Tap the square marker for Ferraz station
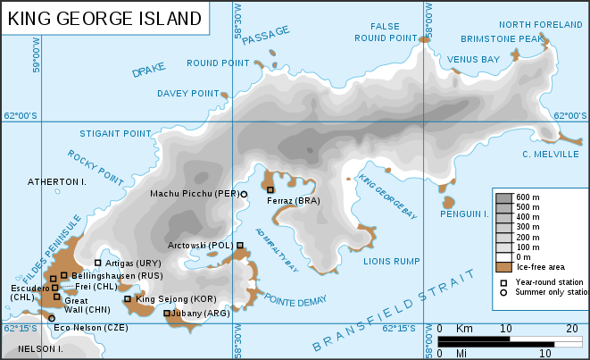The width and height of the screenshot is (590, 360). pos(270,189)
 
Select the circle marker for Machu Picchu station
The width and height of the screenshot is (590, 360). pos(244,194)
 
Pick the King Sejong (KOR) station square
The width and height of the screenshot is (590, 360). pos(128,299)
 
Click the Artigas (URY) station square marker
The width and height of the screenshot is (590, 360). pos(98,263)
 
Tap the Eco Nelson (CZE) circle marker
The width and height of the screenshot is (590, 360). pos(51,318)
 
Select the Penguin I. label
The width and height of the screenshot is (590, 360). pos(465,214)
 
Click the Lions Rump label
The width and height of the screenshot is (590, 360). pos(391,262)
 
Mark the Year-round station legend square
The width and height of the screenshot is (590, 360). pos(503,281)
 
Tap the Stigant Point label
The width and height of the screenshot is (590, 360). pos(115,134)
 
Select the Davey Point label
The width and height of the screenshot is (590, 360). pos(187,93)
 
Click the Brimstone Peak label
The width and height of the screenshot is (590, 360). pos(501,39)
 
